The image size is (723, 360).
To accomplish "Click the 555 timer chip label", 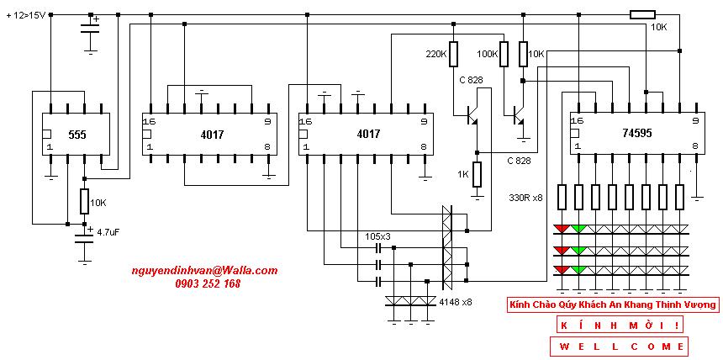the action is [77, 135].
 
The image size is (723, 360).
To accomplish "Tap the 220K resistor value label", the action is [436, 54].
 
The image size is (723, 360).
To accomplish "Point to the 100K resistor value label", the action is [488, 54].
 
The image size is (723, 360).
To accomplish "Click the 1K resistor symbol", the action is [478, 174].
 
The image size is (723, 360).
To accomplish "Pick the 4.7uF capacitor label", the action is [108, 234].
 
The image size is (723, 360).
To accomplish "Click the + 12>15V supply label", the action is [26, 16].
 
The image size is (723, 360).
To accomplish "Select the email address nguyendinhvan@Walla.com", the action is [204, 271].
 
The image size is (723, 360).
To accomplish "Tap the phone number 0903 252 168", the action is [208, 283].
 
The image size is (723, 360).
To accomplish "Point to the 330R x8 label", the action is [526, 199].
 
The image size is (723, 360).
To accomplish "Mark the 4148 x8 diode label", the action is [456, 302].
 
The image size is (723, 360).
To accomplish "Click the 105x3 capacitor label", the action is [377, 236].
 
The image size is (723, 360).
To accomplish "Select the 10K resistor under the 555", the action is [84, 201].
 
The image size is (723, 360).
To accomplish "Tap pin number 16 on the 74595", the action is [576, 121].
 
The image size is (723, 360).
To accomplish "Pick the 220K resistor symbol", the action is [453, 54].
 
